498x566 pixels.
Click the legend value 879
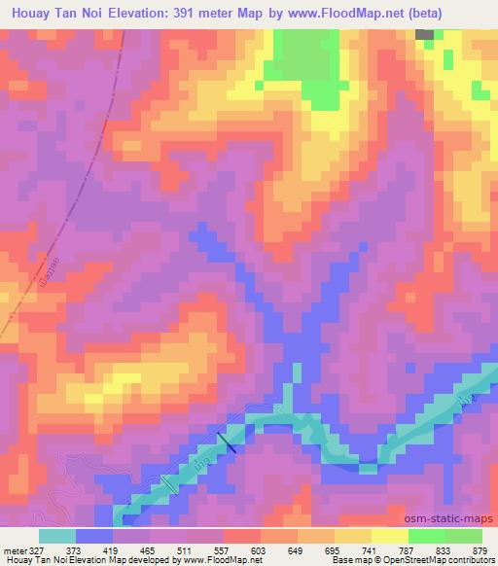click(480, 550)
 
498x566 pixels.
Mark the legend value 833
click(445, 550)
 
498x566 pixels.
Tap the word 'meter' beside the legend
click(15, 550)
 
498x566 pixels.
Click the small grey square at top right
click(425, 34)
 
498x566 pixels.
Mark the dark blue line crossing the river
click(227, 442)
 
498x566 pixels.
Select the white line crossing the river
click(169, 482)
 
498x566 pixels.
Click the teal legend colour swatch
click(57, 536)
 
